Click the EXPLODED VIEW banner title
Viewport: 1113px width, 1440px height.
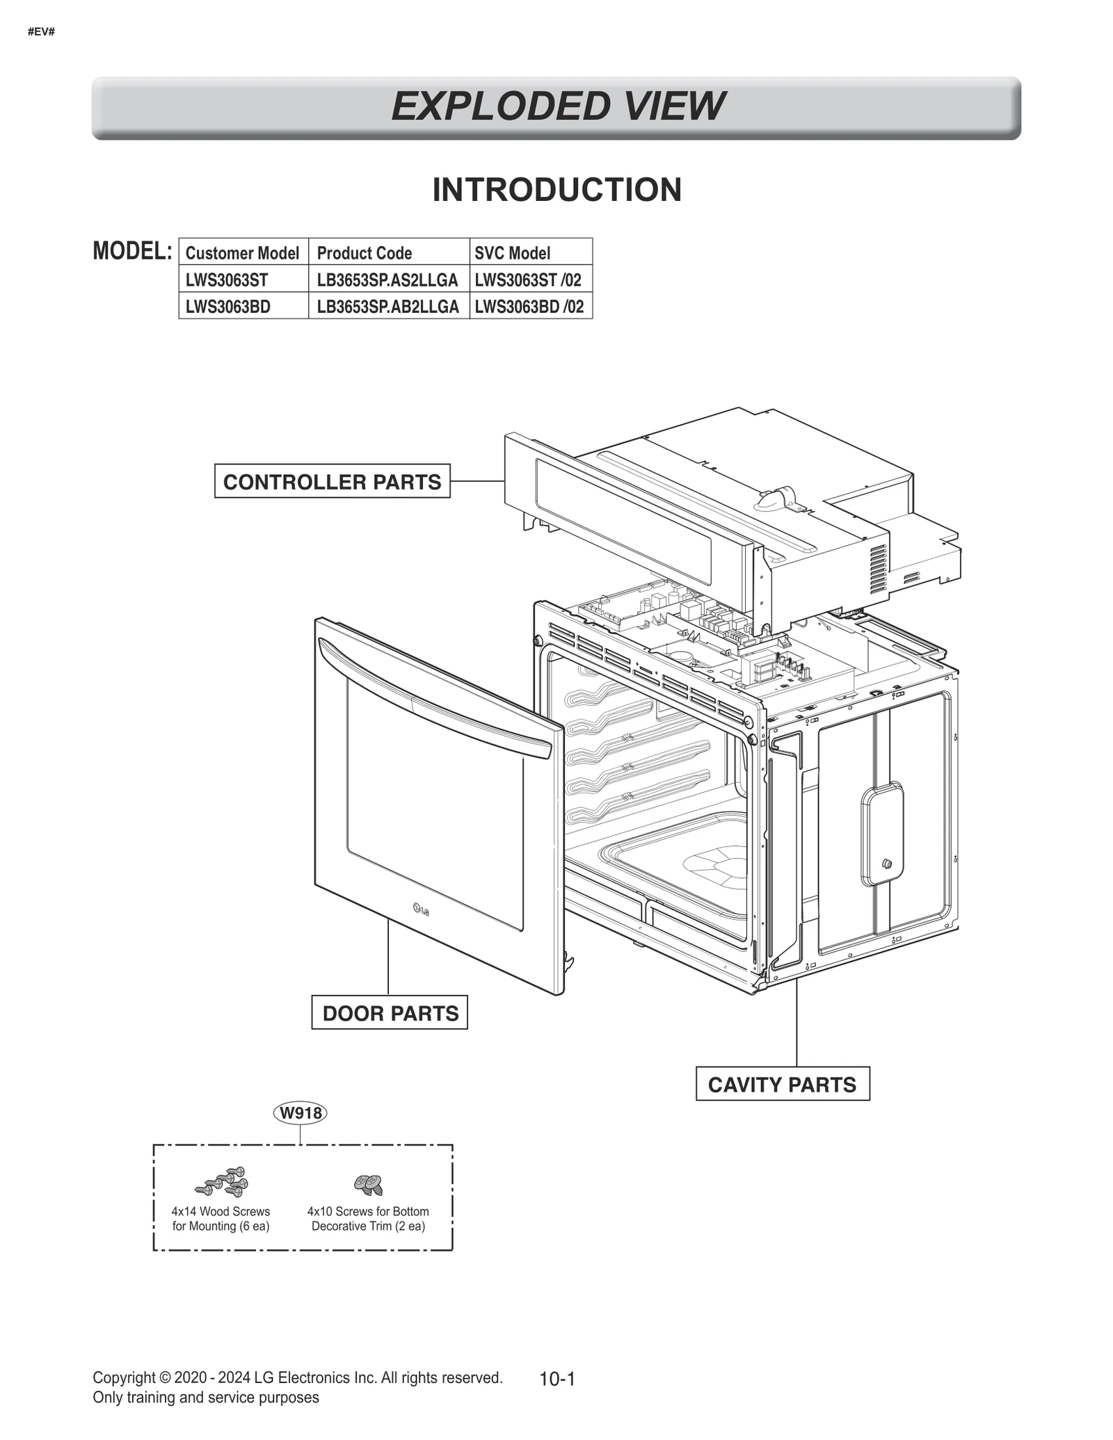(x=556, y=106)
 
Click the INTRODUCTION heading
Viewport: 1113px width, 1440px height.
(x=556, y=190)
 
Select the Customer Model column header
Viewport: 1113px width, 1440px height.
(x=242, y=252)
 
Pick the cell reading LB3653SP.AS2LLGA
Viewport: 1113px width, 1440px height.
(x=387, y=280)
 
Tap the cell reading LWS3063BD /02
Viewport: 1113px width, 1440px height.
(x=529, y=306)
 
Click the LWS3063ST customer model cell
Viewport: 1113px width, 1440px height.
(x=227, y=280)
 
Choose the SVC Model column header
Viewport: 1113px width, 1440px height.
(x=512, y=252)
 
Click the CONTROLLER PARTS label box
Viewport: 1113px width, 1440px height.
(x=332, y=481)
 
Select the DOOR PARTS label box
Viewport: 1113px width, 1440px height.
(x=390, y=1013)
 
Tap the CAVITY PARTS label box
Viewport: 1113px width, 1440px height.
(x=782, y=1085)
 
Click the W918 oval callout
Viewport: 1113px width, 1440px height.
(x=301, y=1113)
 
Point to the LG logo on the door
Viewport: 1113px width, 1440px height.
(x=421, y=909)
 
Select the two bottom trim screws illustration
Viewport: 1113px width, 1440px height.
(x=368, y=1183)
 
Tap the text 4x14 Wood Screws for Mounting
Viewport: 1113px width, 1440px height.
(x=221, y=1218)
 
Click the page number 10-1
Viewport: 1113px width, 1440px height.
(x=556, y=1379)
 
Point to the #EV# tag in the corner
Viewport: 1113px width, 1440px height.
(x=42, y=32)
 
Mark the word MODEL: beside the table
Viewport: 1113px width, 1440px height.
(x=132, y=251)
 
